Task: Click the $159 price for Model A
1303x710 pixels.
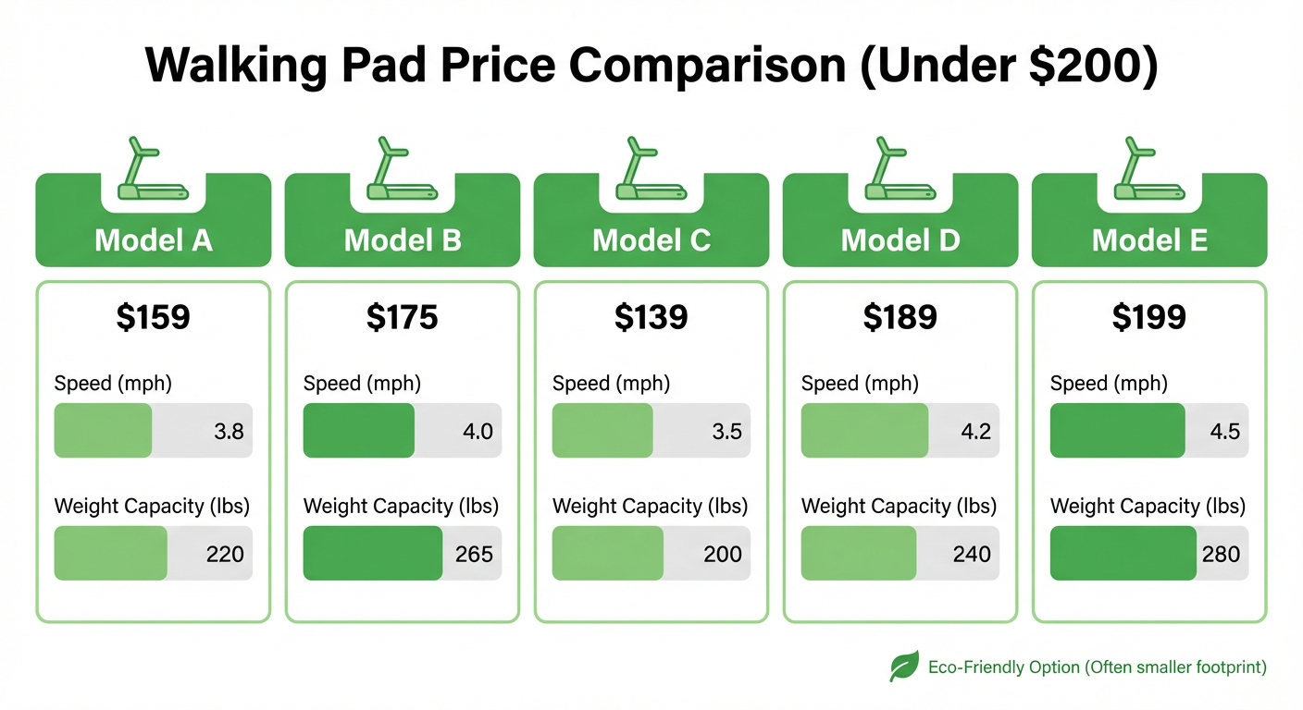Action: point(153,317)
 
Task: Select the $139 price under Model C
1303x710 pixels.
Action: point(651,317)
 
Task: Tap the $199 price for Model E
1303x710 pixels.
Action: point(1148,317)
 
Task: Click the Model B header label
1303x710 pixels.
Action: point(403,240)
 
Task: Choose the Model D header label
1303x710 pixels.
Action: point(900,240)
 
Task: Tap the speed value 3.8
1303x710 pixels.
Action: point(229,431)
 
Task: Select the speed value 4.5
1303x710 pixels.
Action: point(1224,431)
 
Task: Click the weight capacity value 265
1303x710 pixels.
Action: point(474,554)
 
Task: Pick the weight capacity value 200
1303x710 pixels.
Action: point(723,554)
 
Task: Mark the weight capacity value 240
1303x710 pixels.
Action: point(972,554)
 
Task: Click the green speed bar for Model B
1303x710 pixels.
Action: point(358,431)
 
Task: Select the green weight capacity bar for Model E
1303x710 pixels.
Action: point(1123,554)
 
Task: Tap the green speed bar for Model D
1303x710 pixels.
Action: point(863,431)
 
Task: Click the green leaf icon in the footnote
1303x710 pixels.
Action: point(904,666)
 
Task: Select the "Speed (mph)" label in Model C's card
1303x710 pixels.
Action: point(611,383)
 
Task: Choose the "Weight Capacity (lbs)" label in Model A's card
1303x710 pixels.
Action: point(152,506)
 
